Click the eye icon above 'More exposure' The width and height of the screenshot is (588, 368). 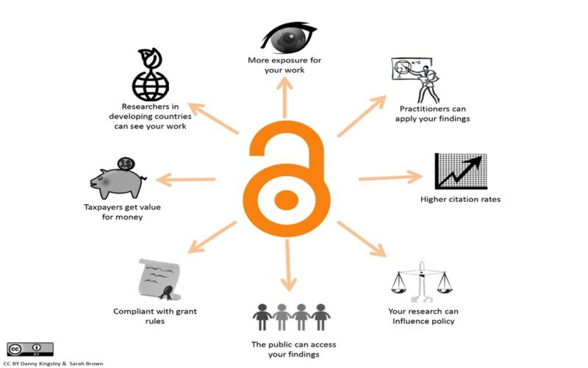(288, 37)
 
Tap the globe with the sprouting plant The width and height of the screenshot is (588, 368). (151, 74)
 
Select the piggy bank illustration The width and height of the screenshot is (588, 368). (118, 182)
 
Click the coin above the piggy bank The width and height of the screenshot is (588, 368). (126, 164)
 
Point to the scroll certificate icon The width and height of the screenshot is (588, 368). (159, 280)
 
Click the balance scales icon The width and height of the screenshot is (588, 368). (421, 281)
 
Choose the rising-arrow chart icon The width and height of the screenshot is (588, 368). (461, 171)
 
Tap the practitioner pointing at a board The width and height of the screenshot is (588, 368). (415, 80)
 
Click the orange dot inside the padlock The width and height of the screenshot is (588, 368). (286, 200)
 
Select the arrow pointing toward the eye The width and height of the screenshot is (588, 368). (285, 98)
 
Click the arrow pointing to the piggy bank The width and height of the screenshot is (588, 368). (186, 179)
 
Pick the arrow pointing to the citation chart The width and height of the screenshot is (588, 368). (391, 178)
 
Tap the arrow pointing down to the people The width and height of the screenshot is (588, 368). (288, 265)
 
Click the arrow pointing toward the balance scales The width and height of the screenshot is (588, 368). (362, 239)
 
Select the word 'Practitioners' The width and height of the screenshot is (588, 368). (424, 109)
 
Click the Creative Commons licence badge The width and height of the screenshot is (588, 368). (30, 349)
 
